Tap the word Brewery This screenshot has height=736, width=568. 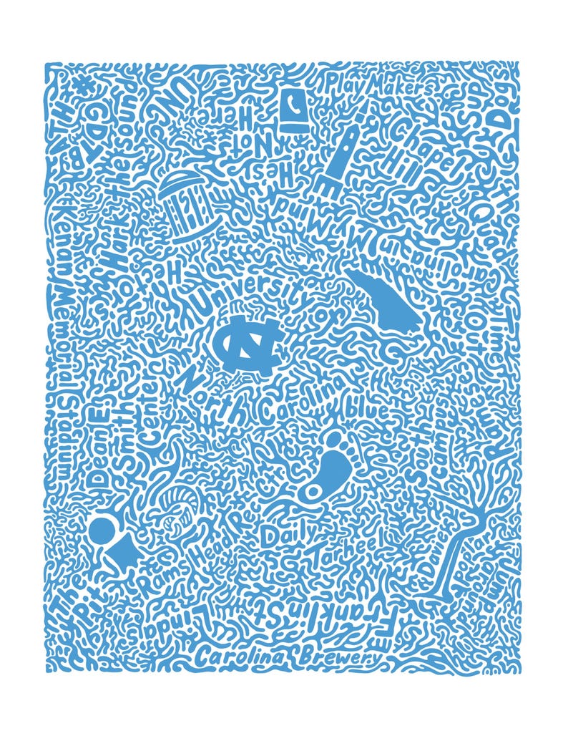(x=341, y=656)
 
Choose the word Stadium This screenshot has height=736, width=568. (x=64, y=430)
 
